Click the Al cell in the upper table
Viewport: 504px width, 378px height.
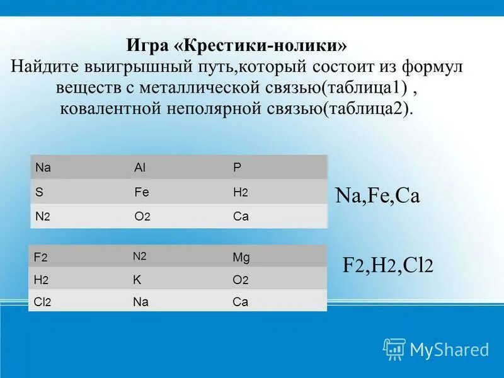[140, 168]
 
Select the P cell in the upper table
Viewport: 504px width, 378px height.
[237, 168]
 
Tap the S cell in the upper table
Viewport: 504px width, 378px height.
[39, 192]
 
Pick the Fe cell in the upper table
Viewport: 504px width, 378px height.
[141, 192]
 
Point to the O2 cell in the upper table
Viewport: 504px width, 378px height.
[142, 216]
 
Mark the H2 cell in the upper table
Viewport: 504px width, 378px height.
[240, 192]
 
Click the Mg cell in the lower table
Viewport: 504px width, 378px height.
[241, 257]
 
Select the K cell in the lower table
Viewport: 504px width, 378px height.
[137, 279]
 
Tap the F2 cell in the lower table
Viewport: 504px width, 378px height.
[41, 257]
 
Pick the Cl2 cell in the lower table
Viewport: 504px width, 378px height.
[43, 302]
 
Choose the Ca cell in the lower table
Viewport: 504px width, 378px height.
[240, 302]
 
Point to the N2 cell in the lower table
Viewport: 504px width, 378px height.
[139, 256]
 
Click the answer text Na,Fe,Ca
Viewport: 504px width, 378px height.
[377, 196]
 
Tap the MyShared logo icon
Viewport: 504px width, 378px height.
[394, 348]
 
